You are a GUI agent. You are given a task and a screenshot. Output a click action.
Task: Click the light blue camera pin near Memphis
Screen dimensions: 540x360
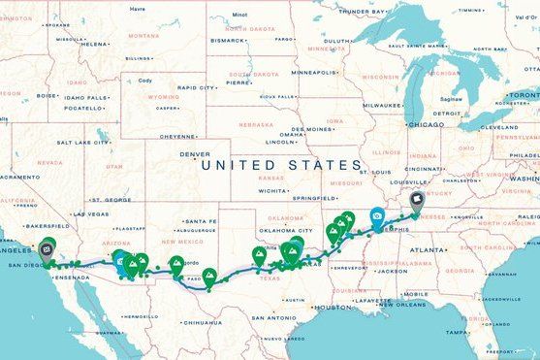(x=376, y=218)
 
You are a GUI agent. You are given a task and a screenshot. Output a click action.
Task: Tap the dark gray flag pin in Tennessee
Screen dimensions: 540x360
(x=417, y=200)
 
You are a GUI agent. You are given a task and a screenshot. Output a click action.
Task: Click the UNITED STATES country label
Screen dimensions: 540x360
(x=281, y=166)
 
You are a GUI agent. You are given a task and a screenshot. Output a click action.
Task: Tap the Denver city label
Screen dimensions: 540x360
(x=195, y=154)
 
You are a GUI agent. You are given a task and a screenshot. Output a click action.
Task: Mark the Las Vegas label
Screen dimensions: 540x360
(x=91, y=213)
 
